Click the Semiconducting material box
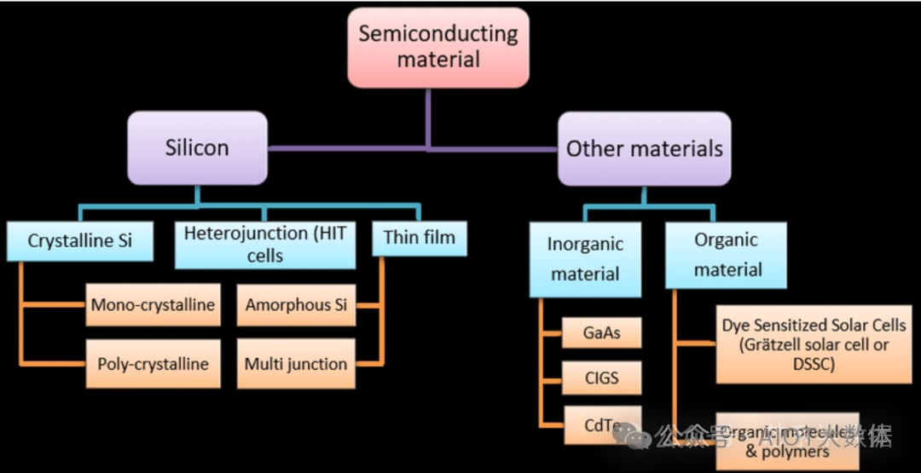point(438,47)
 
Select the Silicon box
point(197,147)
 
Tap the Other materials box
point(644,148)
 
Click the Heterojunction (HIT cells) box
point(265,244)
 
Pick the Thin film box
point(420,237)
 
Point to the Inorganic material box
point(585,259)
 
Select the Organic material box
point(727,254)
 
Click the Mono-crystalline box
point(153,305)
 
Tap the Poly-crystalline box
point(153,364)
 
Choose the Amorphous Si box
point(296,305)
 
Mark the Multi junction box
point(296,364)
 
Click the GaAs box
point(602,332)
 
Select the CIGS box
point(602,377)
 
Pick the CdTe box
point(602,424)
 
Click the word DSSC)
point(814,365)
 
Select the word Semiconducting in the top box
point(438,34)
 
